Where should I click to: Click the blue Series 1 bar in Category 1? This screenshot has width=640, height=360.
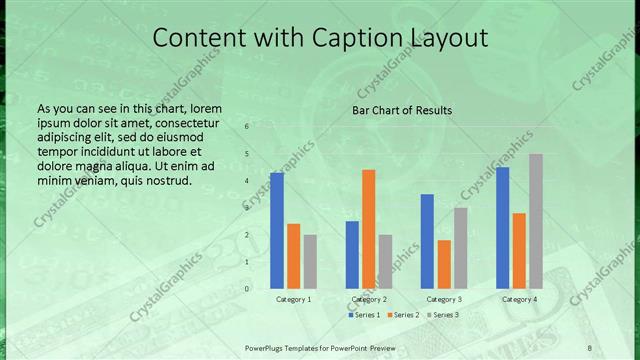[x=277, y=231]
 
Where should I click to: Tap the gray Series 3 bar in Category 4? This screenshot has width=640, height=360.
[x=536, y=221]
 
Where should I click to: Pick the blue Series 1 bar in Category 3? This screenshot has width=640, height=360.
[x=427, y=241]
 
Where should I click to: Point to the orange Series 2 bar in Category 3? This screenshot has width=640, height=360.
[x=444, y=264]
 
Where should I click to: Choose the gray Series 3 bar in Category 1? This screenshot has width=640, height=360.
[x=310, y=261]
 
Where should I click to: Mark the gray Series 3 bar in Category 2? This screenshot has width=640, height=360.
[x=385, y=261]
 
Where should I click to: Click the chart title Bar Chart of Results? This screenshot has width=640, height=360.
[x=402, y=110]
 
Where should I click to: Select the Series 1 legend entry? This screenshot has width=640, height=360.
[x=364, y=315]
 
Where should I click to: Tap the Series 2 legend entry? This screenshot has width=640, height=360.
[x=403, y=315]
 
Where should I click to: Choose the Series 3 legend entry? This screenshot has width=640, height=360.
[x=443, y=315]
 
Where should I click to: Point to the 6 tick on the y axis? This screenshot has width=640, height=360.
[x=246, y=127]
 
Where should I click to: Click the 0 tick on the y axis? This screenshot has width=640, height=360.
[x=246, y=289]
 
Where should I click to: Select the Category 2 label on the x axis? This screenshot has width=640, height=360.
[x=368, y=299]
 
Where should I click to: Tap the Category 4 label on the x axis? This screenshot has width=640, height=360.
[x=519, y=299]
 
